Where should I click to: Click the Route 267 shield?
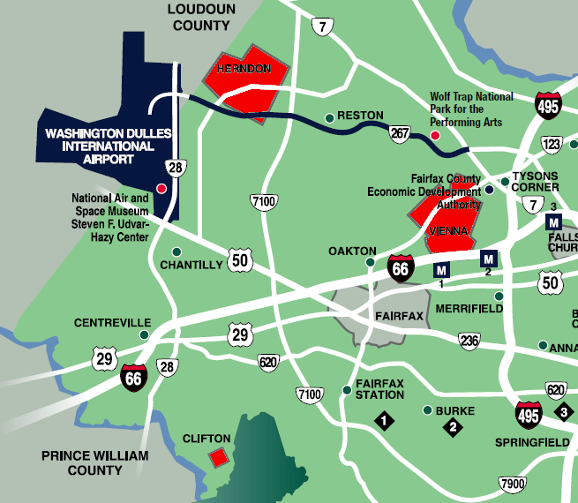click(401, 132)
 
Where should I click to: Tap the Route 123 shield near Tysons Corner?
click(552, 144)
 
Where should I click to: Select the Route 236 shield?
click(469, 341)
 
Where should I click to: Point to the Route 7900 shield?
click(512, 484)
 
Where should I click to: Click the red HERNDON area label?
click(243, 68)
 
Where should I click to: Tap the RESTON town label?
click(360, 116)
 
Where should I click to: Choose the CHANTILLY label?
click(191, 265)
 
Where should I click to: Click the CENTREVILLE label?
click(112, 323)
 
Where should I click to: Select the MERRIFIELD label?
click(468, 309)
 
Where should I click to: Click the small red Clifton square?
click(217, 457)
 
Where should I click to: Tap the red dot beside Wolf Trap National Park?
click(434, 135)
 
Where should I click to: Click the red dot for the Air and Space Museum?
click(161, 188)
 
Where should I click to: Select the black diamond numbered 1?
click(385, 420)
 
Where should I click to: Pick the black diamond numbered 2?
click(454, 428)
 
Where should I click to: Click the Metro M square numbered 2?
click(488, 259)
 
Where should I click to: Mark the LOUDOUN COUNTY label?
click(201, 17)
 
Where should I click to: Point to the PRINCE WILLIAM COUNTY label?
click(94, 462)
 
